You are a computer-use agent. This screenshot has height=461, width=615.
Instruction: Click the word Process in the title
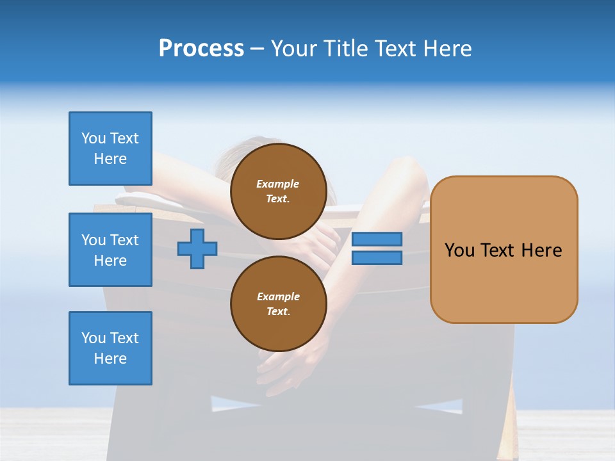tap(201, 49)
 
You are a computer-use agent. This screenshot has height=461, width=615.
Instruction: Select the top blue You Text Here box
tap(110, 149)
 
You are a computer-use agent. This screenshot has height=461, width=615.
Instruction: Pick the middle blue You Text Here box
tap(110, 250)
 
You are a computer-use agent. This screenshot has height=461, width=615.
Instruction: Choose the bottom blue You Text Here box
tap(110, 348)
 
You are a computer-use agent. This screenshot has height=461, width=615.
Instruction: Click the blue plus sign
tap(197, 248)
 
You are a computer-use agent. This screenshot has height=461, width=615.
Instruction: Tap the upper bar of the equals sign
tap(377, 239)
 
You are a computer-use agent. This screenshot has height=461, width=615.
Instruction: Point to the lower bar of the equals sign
tap(377, 257)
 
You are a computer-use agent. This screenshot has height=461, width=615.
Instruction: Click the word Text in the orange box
tap(497, 250)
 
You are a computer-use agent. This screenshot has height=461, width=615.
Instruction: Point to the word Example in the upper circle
tap(278, 184)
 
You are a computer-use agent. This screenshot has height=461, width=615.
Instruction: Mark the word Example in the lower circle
tap(278, 296)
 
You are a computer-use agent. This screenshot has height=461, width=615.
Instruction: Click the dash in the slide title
tap(258, 49)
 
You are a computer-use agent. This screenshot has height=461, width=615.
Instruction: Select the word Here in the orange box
tap(541, 250)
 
